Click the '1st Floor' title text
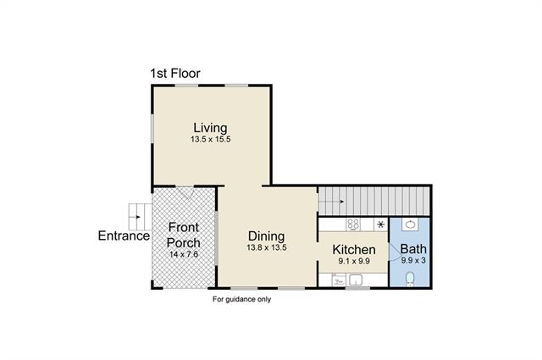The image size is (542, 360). (175, 74)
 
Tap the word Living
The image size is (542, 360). (210, 128)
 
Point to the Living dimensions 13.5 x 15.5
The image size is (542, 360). (211, 140)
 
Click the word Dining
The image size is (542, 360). (266, 236)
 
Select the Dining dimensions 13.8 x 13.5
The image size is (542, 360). (267, 247)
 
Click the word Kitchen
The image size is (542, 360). (354, 250)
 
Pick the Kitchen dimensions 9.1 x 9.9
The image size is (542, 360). (354, 261)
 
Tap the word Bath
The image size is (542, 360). (413, 249)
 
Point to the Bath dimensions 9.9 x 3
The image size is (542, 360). (413, 260)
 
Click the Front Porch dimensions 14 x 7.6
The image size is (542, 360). (184, 254)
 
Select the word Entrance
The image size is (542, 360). (124, 235)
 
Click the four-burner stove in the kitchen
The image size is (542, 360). (353, 224)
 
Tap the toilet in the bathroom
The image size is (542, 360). (410, 279)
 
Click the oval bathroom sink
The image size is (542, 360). (410, 224)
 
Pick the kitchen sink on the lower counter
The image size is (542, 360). (356, 280)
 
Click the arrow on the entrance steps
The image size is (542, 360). (135, 217)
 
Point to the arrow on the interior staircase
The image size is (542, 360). (331, 202)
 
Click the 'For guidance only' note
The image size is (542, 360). (241, 300)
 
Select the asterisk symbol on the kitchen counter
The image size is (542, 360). (380, 224)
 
